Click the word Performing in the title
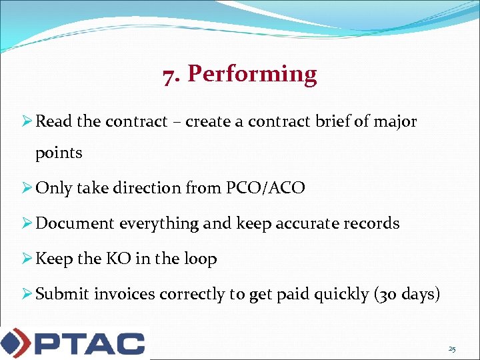252,75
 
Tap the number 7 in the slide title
169,75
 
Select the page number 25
452,349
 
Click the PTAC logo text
89,343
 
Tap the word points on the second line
59,153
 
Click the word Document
75,223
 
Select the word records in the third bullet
371,223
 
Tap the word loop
199,259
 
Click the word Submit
62,294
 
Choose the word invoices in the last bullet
125,294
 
